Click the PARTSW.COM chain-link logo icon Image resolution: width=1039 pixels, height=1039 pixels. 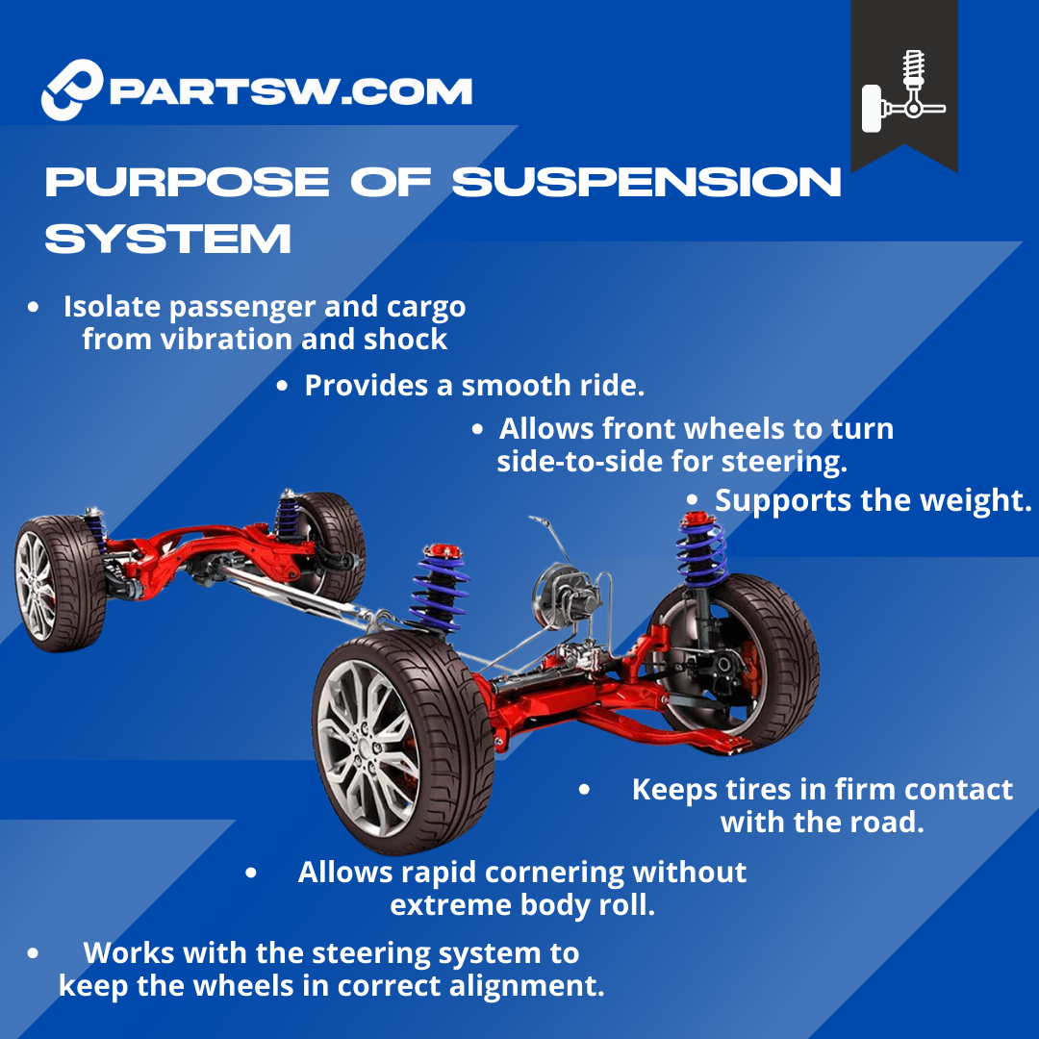coord(72,89)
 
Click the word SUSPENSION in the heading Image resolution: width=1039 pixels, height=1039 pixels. coord(646,183)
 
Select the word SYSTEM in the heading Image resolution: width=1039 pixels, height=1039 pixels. coord(167,239)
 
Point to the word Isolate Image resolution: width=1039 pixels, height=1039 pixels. coord(117,307)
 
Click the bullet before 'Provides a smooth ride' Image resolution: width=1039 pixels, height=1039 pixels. coord(282,387)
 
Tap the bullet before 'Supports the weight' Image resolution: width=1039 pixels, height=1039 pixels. coord(693,500)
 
